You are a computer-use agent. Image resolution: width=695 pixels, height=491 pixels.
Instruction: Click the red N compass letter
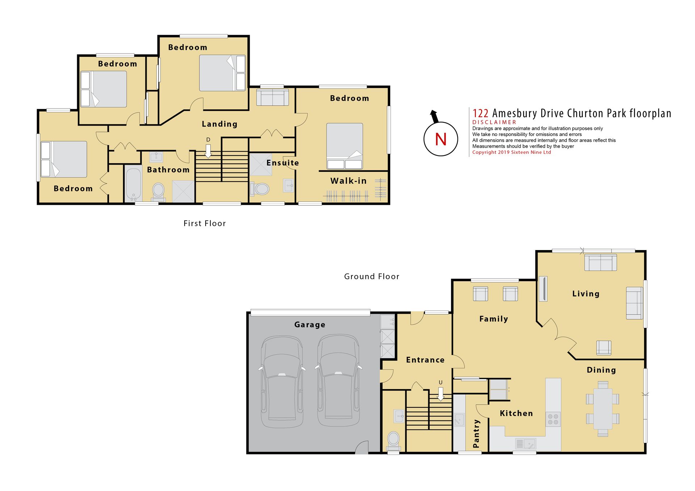tap(441, 139)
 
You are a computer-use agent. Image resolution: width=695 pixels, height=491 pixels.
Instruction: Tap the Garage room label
tap(309, 325)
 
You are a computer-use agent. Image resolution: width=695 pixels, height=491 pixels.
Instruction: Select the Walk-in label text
tap(348, 181)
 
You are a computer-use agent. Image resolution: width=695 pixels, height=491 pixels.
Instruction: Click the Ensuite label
tap(283, 163)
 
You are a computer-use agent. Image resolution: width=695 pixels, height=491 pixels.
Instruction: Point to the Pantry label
tap(476, 433)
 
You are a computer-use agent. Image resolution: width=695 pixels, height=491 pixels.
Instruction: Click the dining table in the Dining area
tap(603, 409)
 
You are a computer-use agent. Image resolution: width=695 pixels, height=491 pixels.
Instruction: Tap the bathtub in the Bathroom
tap(134, 183)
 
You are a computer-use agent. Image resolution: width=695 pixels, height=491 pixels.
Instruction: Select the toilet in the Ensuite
tap(260, 189)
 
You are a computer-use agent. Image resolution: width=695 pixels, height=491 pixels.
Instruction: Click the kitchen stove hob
tap(553, 419)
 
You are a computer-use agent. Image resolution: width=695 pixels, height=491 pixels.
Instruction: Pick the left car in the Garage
tap(282, 382)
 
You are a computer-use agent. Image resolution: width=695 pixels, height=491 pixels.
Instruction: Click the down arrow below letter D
tap(208, 151)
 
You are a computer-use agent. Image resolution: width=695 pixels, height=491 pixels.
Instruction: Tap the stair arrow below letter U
tap(441, 394)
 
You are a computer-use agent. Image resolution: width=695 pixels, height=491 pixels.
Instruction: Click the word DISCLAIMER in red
tap(494, 122)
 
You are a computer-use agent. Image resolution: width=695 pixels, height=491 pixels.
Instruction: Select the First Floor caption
tap(205, 223)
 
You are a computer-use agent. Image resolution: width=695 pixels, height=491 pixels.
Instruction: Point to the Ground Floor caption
tap(372, 276)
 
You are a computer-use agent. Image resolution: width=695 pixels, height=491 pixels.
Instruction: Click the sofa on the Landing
tap(273, 97)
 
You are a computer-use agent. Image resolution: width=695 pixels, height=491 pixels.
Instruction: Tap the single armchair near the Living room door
tap(604, 348)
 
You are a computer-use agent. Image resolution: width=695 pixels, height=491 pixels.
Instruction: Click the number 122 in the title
tap(480, 114)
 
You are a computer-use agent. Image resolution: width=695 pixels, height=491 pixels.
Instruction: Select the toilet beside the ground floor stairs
tap(393, 441)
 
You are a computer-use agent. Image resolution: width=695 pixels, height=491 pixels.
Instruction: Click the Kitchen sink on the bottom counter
tap(526, 444)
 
